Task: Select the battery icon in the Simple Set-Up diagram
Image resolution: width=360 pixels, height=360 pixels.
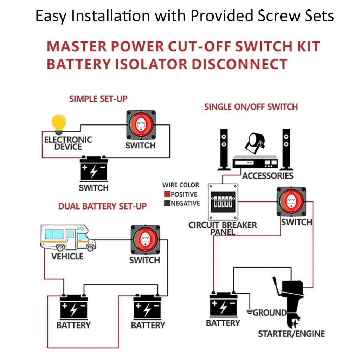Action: (94, 170)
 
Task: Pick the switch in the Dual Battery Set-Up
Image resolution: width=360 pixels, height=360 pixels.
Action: (145, 240)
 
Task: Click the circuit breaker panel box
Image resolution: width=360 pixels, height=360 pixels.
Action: (223, 201)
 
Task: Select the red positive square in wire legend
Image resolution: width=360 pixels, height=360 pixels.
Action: (167, 194)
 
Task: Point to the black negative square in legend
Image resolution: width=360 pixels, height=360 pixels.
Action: (167, 203)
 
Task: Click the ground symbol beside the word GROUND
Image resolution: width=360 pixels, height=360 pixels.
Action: (250, 312)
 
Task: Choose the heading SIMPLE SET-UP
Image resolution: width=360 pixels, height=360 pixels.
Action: (98, 99)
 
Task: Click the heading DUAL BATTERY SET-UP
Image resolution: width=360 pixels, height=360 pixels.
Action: (102, 206)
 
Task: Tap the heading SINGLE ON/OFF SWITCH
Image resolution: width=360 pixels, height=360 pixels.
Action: (251, 107)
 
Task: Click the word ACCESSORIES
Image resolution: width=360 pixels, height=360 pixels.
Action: (268, 176)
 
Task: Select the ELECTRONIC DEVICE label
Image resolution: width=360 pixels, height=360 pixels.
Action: (68, 143)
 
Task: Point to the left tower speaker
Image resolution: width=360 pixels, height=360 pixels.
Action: (224, 149)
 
